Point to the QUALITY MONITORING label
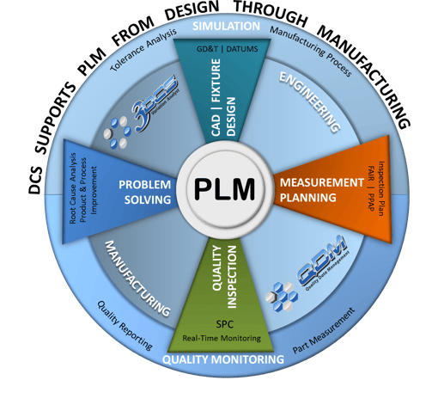pyautogui.click(x=222, y=359)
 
